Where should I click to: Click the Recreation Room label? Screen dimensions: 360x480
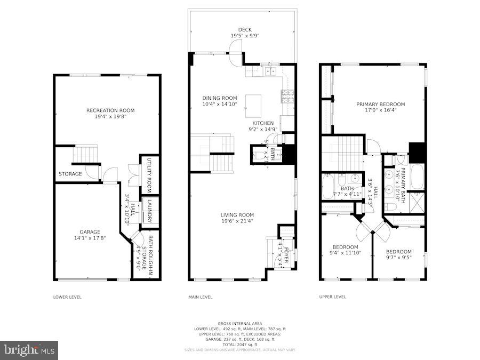(x=110, y=110)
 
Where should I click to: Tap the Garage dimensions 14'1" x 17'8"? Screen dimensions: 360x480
(x=90, y=239)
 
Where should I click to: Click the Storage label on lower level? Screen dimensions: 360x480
(x=70, y=174)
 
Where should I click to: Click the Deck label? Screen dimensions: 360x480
(x=245, y=30)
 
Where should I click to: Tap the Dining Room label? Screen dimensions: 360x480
(x=219, y=98)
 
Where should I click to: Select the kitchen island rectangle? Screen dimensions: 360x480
(x=253, y=106)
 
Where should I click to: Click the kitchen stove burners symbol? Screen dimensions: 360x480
(x=287, y=97)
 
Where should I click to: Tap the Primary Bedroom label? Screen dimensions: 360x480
(x=380, y=105)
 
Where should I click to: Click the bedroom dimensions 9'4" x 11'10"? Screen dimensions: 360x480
(x=345, y=253)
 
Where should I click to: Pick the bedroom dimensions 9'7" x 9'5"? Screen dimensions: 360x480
(x=398, y=258)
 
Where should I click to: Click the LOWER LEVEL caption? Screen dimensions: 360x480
(x=67, y=297)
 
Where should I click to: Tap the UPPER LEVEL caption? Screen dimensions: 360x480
(x=333, y=297)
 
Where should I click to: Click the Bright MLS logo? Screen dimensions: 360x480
(x=29, y=350)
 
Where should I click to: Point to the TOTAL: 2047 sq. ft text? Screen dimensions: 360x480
(x=239, y=344)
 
